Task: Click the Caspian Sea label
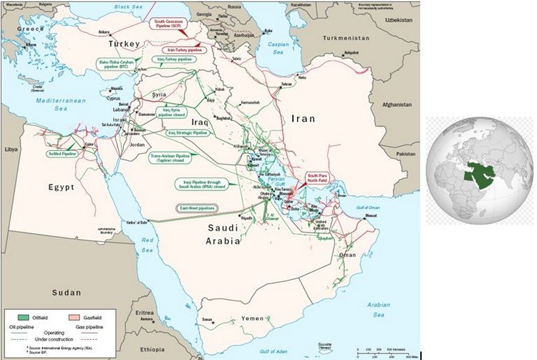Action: (279, 48)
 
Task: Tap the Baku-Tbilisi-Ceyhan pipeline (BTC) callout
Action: (117, 65)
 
